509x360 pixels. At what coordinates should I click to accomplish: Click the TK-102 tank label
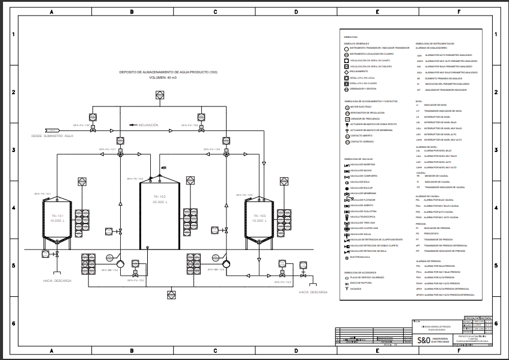coord(159,197)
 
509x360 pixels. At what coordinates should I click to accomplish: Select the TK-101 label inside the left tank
coord(57,216)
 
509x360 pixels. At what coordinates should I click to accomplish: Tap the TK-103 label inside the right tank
coord(260,216)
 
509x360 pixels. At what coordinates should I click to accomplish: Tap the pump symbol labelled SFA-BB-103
coord(226,264)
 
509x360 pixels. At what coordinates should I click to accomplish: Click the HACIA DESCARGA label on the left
coord(58,281)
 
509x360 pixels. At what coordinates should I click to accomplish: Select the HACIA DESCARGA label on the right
coord(313,292)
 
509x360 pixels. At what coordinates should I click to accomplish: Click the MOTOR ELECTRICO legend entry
coord(361,106)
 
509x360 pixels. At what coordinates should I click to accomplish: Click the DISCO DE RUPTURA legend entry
coord(361,282)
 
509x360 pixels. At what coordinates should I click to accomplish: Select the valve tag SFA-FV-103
coord(283,281)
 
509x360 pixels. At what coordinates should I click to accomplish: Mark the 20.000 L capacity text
coord(159,202)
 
